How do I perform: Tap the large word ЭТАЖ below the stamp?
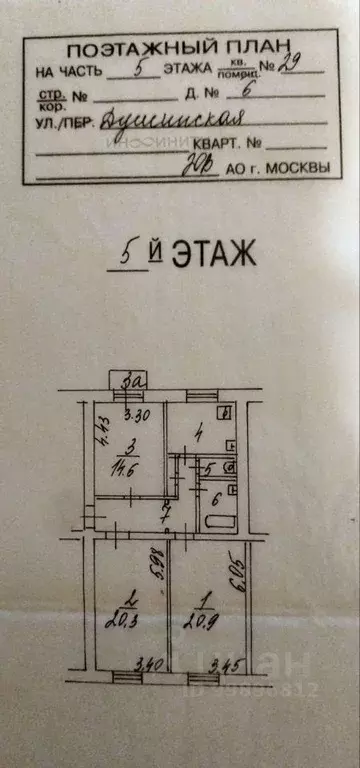pyautogui.click(x=213, y=254)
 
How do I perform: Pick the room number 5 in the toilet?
pyautogui.click(x=209, y=467)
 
